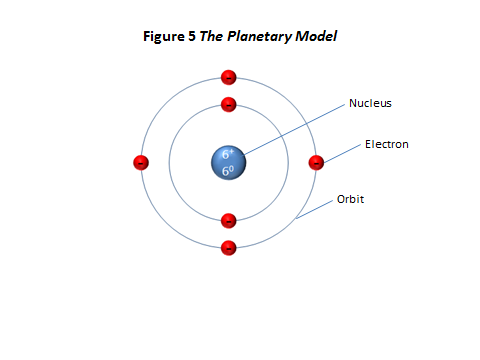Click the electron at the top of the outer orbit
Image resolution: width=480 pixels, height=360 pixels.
pyautogui.click(x=229, y=77)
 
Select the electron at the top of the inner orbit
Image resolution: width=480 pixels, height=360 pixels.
pyautogui.click(x=229, y=104)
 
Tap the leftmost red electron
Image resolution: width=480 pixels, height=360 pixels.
pyautogui.click(x=141, y=162)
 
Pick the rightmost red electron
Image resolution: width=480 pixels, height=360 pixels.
pyautogui.click(x=317, y=162)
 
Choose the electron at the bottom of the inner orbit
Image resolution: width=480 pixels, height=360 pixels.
pyautogui.click(x=229, y=220)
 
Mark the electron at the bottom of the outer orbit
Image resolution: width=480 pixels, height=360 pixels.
pyautogui.click(x=229, y=247)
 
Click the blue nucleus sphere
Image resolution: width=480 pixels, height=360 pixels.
pyautogui.click(x=229, y=162)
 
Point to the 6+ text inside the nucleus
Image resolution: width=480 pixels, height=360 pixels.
pyautogui.click(x=229, y=154)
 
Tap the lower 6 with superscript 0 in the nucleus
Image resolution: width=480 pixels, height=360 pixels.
pyautogui.click(x=229, y=171)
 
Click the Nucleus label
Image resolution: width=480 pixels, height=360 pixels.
pyautogui.click(x=369, y=103)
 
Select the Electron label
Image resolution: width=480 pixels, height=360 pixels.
pyautogui.click(x=386, y=144)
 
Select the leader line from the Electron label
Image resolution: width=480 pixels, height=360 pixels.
pyautogui.click(x=342, y=152)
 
